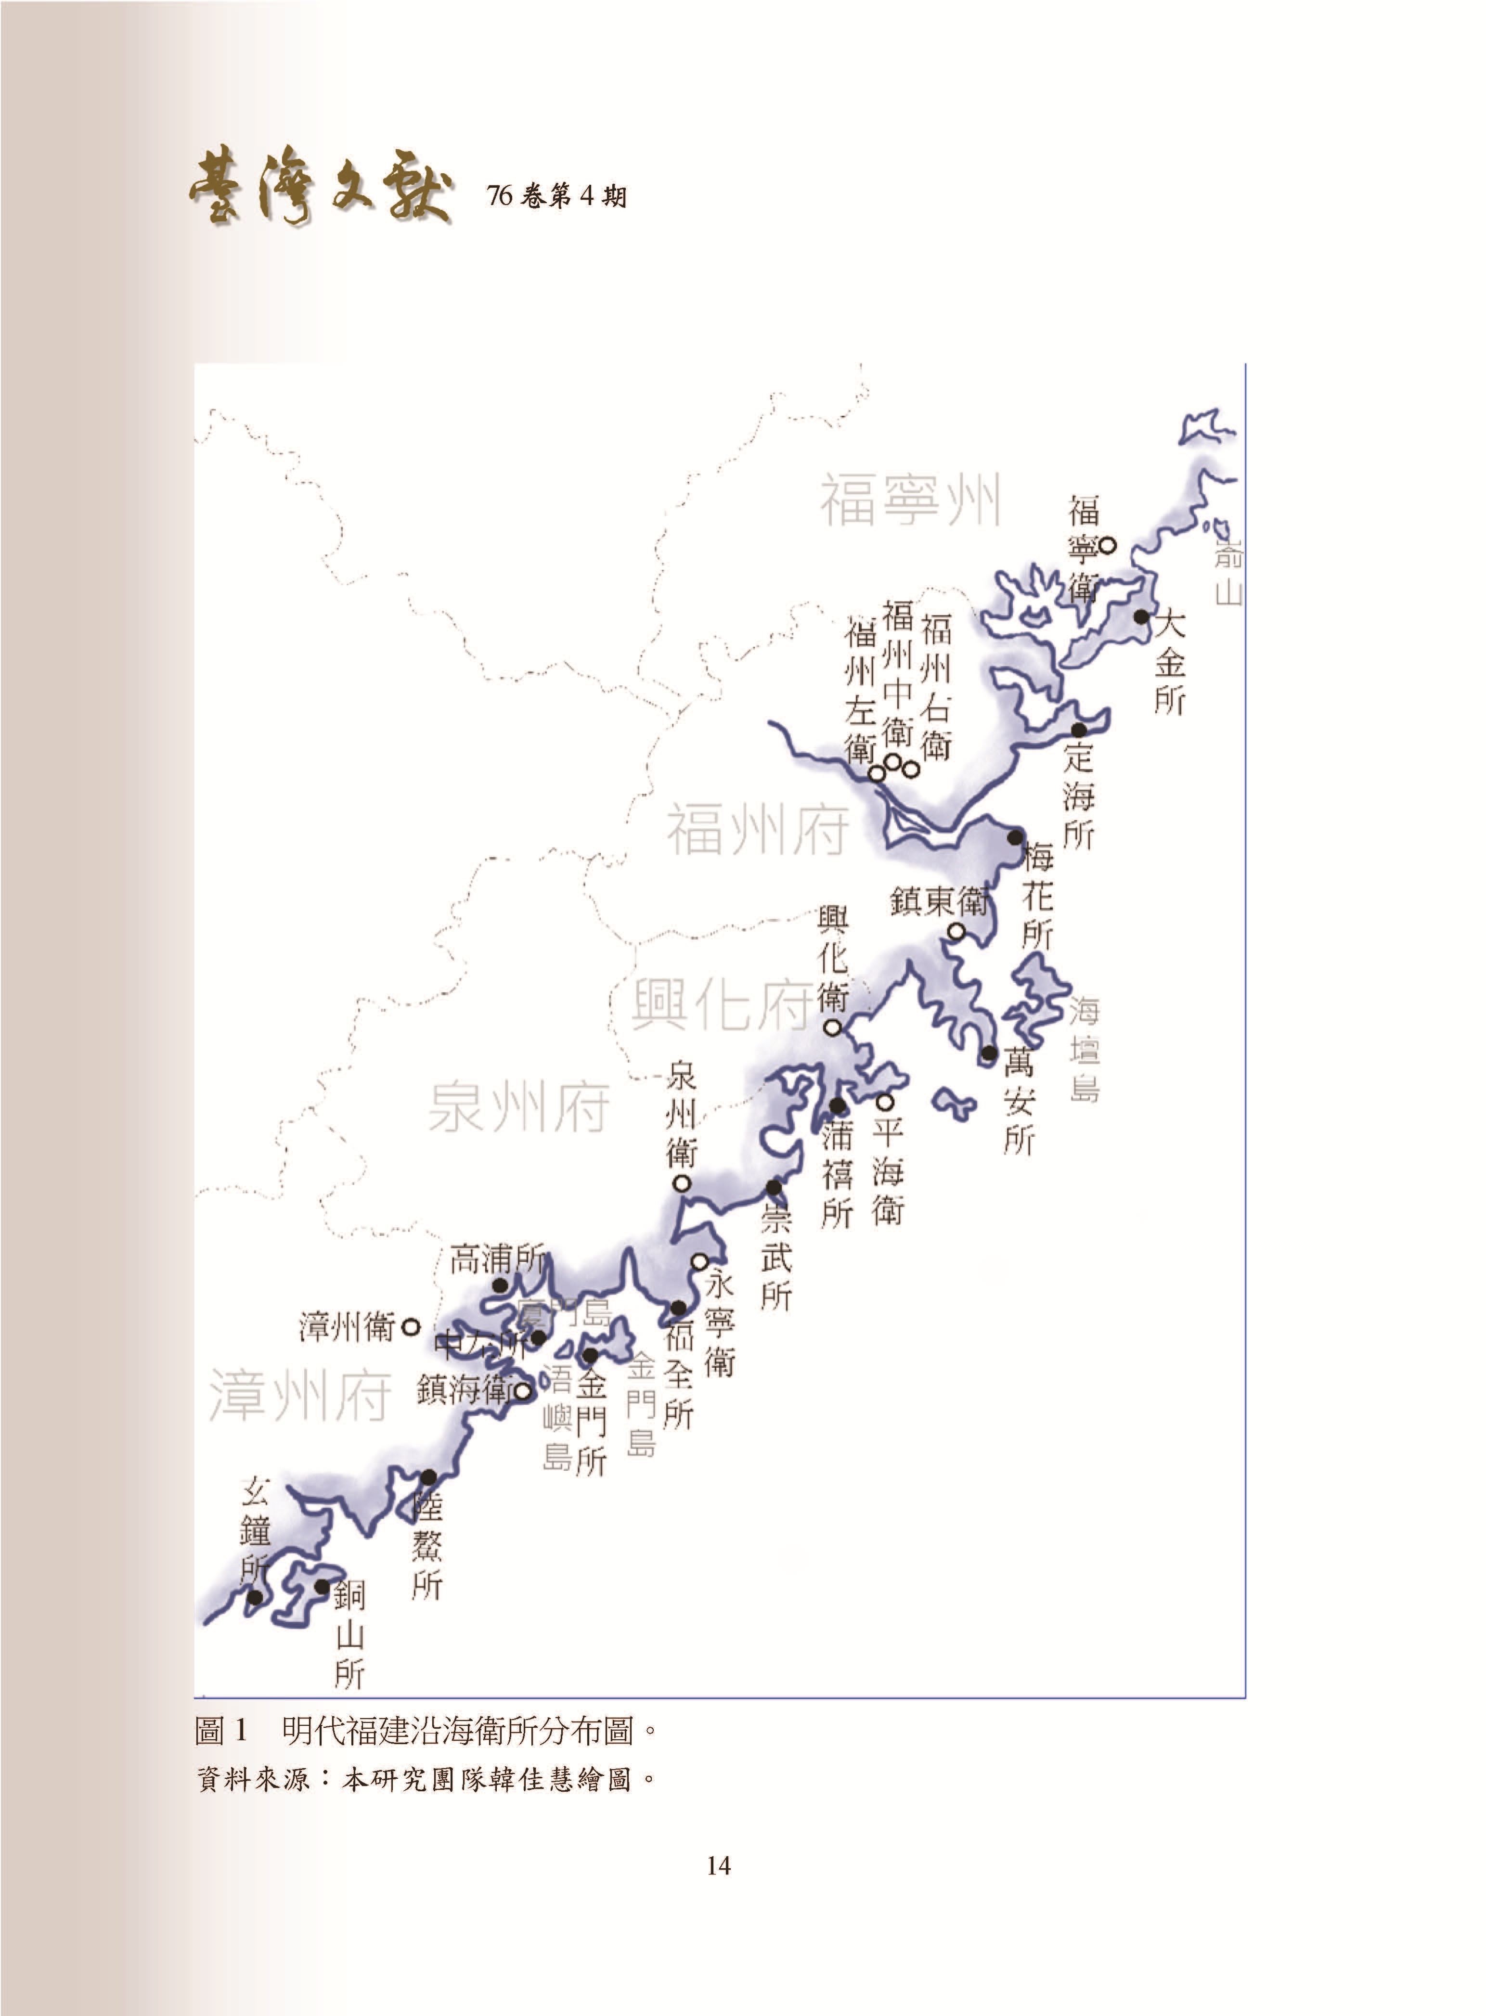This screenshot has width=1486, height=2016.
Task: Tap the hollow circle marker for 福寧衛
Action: click(x=1108, y=545)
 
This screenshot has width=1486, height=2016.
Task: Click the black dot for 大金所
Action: click(x=1140, y=617)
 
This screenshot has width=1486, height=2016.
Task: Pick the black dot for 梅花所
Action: click(x=1015, y=837)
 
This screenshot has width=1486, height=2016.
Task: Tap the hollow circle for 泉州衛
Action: click(x=682, y=1183)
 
